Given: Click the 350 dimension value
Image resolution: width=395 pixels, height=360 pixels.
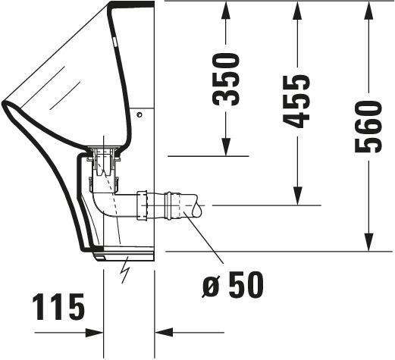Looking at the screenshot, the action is (x=226, y=79).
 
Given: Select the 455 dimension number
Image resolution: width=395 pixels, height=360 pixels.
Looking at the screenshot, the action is (x=296, y=101).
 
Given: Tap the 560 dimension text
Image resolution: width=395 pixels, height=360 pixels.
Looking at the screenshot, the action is (x=368, y=126).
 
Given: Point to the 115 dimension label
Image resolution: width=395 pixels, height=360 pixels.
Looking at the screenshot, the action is (x=59, y=306).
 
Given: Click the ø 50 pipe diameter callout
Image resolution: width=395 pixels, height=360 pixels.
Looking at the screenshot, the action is (x=233, y=285).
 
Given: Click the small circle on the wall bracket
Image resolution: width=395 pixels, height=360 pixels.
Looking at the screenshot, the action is (x=140, y=115).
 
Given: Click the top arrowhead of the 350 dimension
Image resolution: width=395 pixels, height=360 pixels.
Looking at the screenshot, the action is (x=226, y=10).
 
